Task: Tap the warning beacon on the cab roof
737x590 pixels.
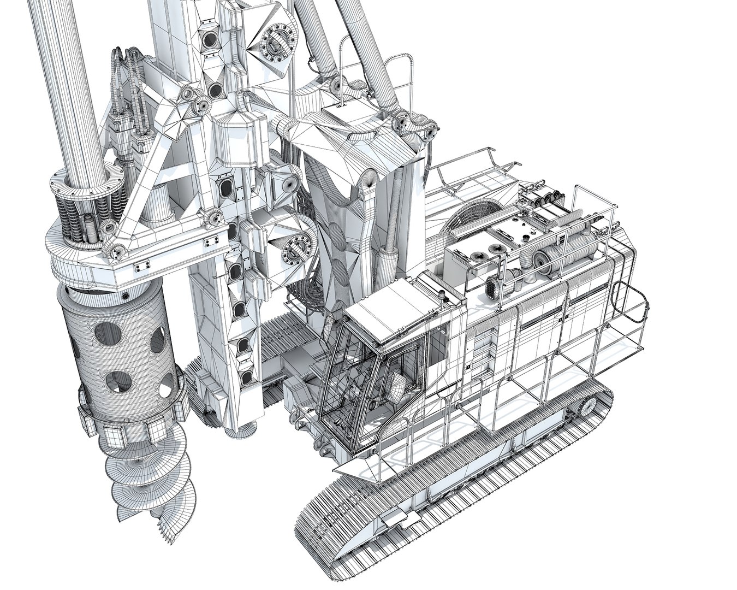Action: tap(441, 298)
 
